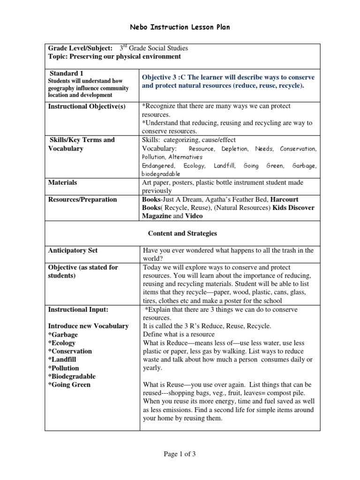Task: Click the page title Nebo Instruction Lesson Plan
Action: pyautogui.click(x=180, y=27)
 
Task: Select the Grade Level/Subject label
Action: pyautogui.click(x=80, y=48)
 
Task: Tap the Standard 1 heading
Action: pyautogui.click(x=67, y=73)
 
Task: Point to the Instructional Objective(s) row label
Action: pyautogui.click(x=87, y=106)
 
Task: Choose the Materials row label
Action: pyautogui.click(x=63, y=182)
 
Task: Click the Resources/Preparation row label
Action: pyautogui.click(x=82, y=199)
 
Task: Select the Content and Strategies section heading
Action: pyautogui.click(x=182, y=233)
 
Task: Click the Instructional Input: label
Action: pyautogui.click(x=78, y=310)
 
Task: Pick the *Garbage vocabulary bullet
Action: pyautogui.click(x=63, y=335)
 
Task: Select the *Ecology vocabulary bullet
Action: pyautogui.click(x=63, y=343)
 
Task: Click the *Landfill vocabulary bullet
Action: pyautogui.click(x=62, y=360)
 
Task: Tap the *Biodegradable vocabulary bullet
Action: pyautogui.click(x=72, y=376)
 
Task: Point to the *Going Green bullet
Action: pyautogui.click(x=69, y=385)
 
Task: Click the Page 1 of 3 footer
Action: pyautogui.click(x=182, y=453)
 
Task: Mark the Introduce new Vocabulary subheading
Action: pyautogui.click(x=88, y=326)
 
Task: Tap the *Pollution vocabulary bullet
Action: pyautogui.click(x=63, y=368)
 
